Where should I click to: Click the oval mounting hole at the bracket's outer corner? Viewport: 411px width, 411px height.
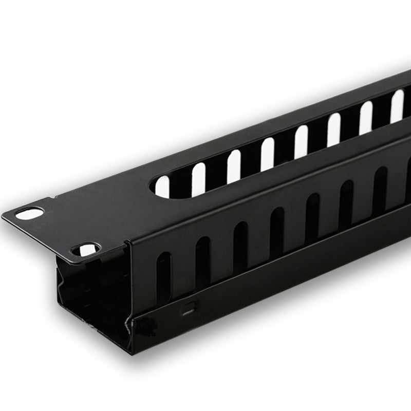click(29, 213)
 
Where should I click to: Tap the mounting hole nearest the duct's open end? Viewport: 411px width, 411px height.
click(86, 250)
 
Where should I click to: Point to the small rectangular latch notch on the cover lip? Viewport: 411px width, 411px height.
click(189, 311)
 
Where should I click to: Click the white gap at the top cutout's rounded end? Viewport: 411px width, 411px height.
click(162, 187)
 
